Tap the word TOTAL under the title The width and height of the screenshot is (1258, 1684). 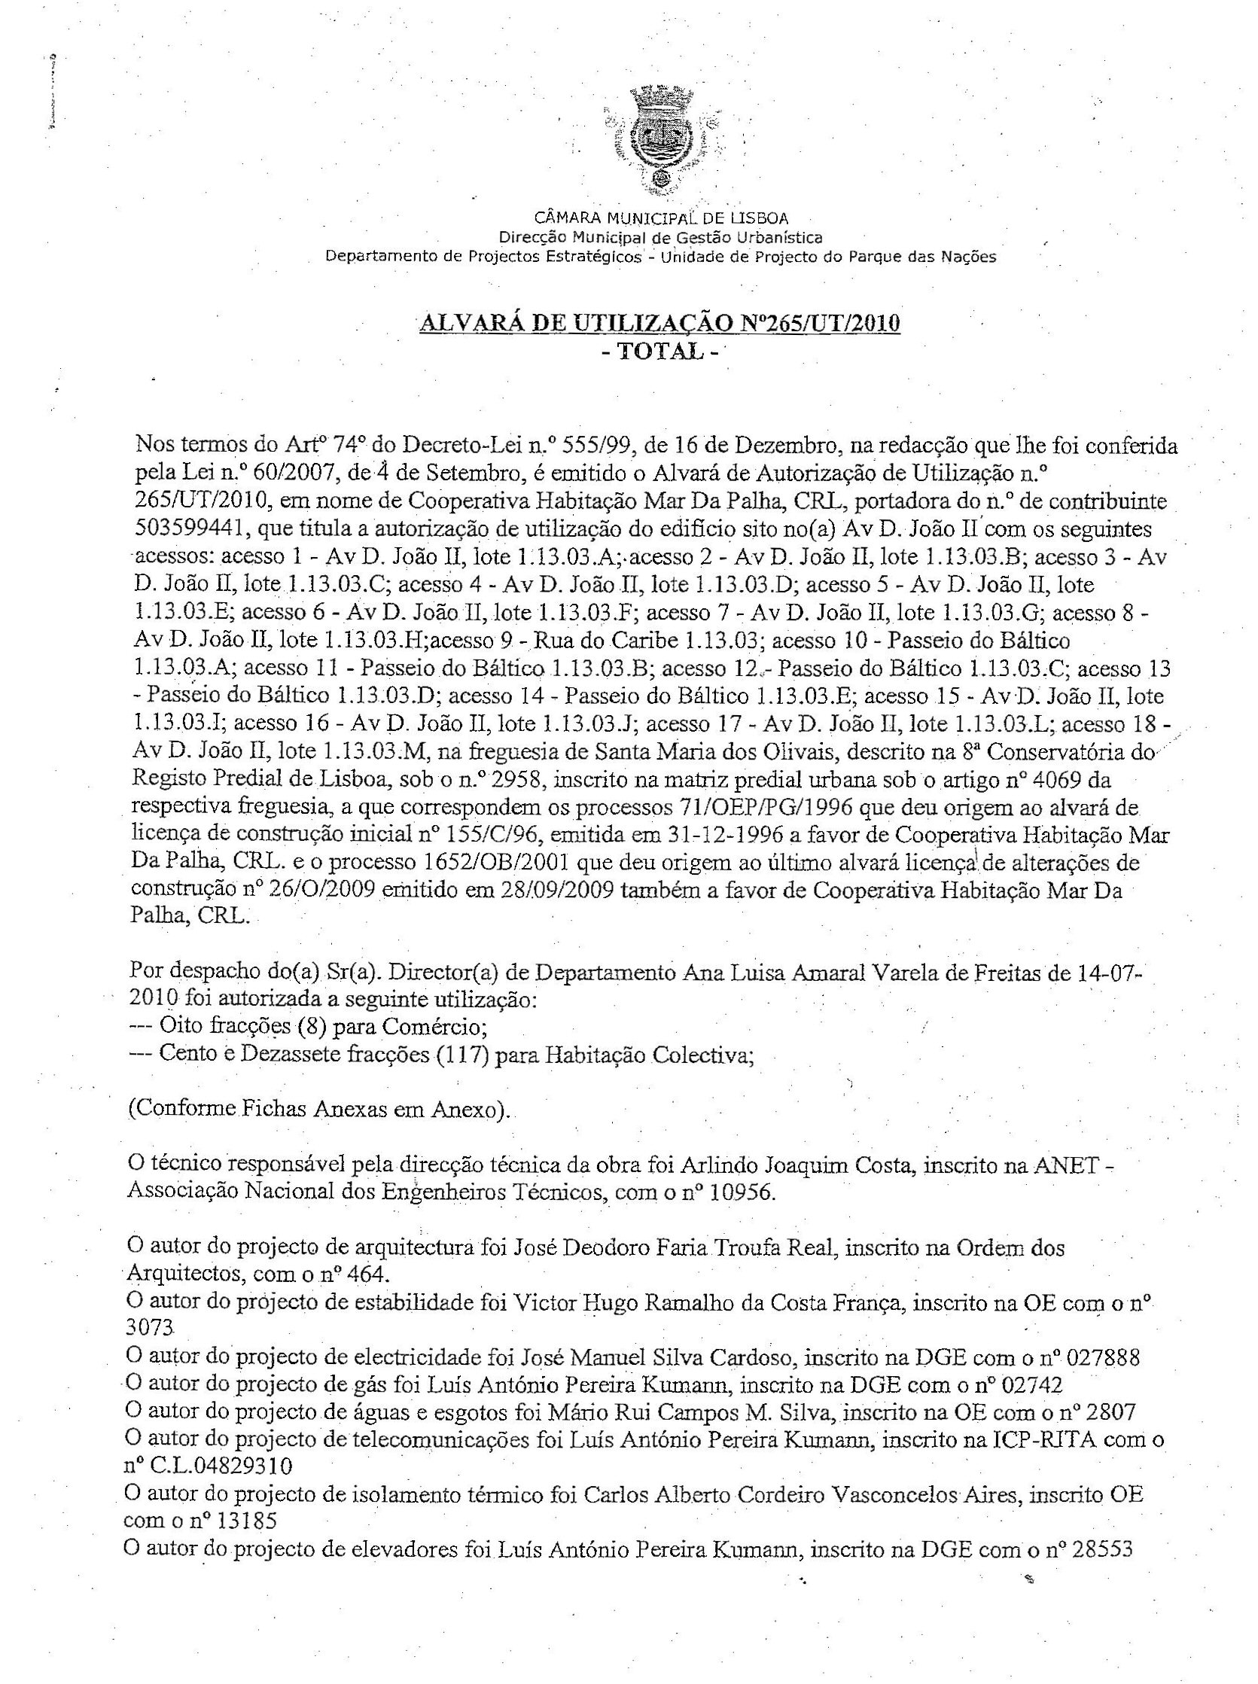tap(659, 351)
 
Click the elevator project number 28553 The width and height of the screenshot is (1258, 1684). tap(1104, 1549)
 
